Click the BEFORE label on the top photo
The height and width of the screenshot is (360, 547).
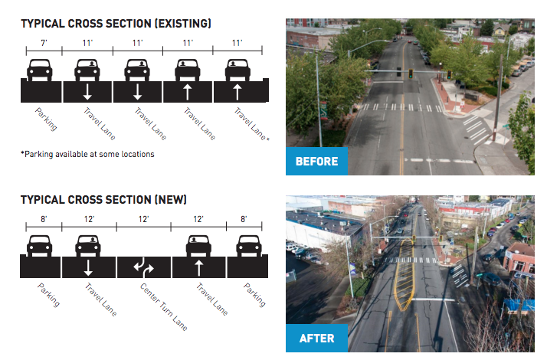[x=316, y=162]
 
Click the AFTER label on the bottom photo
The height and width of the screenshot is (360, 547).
[x=316, y=338]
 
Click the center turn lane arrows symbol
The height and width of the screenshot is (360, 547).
[x=144, y=267]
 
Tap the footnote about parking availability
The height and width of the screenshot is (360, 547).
[x=87, y=154]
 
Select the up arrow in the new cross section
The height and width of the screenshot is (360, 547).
[x=199, y=267]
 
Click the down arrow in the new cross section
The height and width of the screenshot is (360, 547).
[x=88, y=267]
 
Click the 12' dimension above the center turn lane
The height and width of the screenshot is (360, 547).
[x=144, y=219]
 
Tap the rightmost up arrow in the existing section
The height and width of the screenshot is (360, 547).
[x=237, y=92]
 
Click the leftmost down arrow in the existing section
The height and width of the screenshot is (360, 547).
[x=88, y=92]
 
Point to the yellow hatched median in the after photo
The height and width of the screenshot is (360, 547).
[x=403, y=283]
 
